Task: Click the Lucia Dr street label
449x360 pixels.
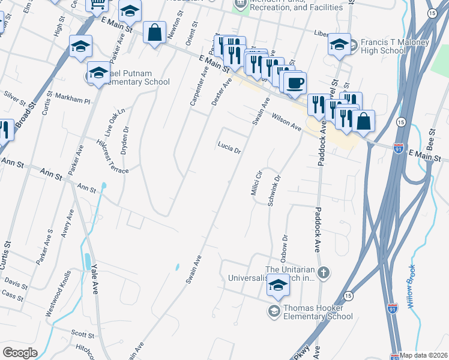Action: coord(229,146)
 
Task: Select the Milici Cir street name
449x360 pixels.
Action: coord(255,182)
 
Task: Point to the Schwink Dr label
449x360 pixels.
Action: coord(274,191)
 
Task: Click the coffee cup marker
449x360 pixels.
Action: coord(294,82)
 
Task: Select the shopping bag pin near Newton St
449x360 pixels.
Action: coord(154,32)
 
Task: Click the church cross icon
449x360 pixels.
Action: coord(324,274)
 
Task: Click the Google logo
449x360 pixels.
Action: coord(20,353)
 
